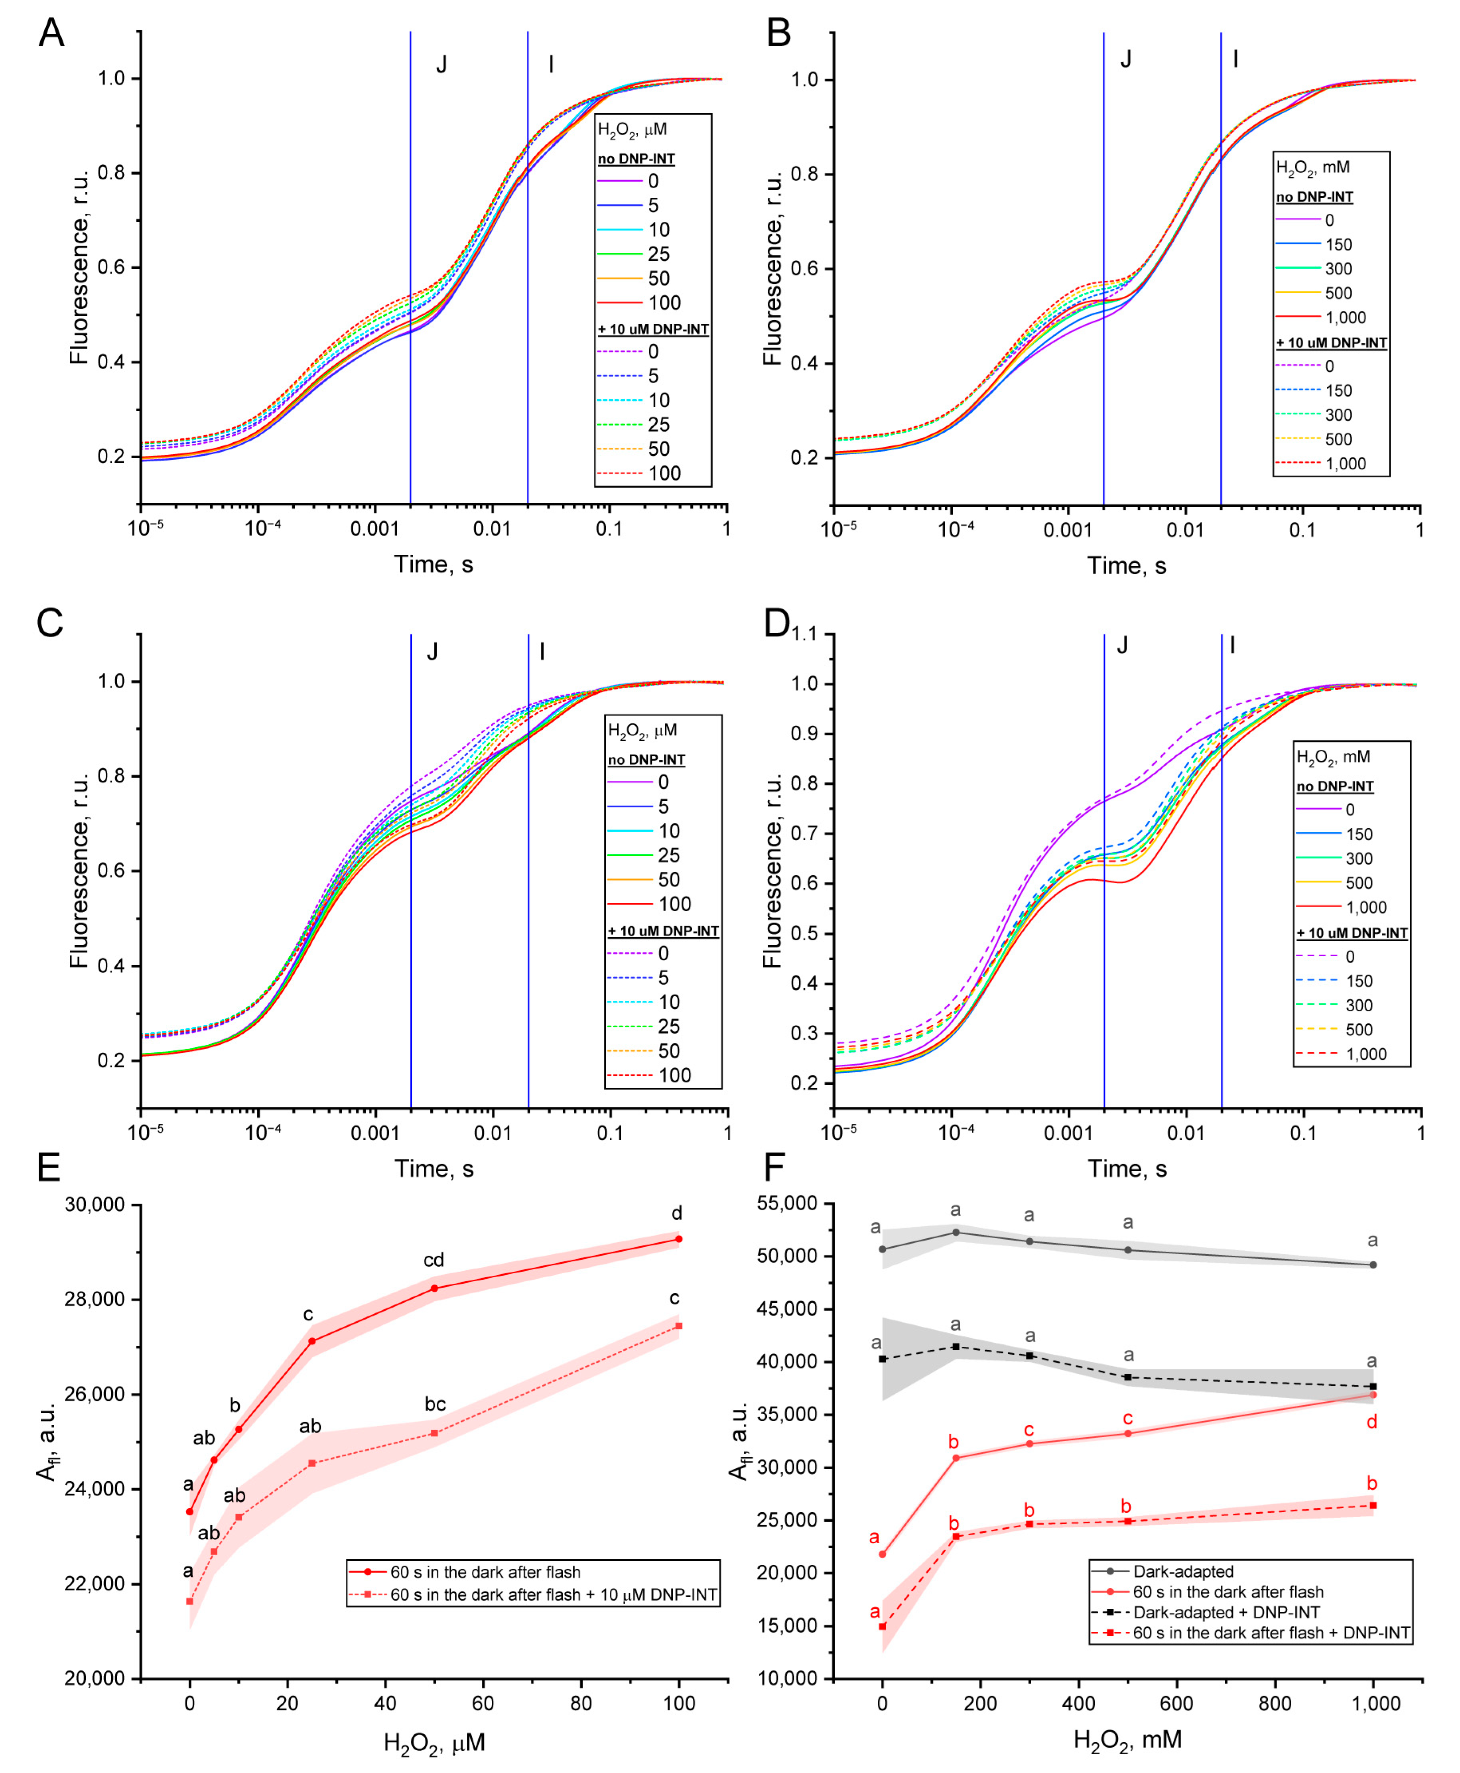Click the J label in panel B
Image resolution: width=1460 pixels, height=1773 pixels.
click(x=1125, y=59)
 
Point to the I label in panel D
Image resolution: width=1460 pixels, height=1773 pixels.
click(x=1232, y=645)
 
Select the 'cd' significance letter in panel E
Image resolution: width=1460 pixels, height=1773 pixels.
click(x=433, y=1260)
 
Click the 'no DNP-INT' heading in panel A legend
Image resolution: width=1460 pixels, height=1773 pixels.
click(x=636, y=158)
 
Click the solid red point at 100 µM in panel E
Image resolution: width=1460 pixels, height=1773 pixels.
click(x=679, y=1239)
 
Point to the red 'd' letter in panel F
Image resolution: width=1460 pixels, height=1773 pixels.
click(x=1372, y=1422)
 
